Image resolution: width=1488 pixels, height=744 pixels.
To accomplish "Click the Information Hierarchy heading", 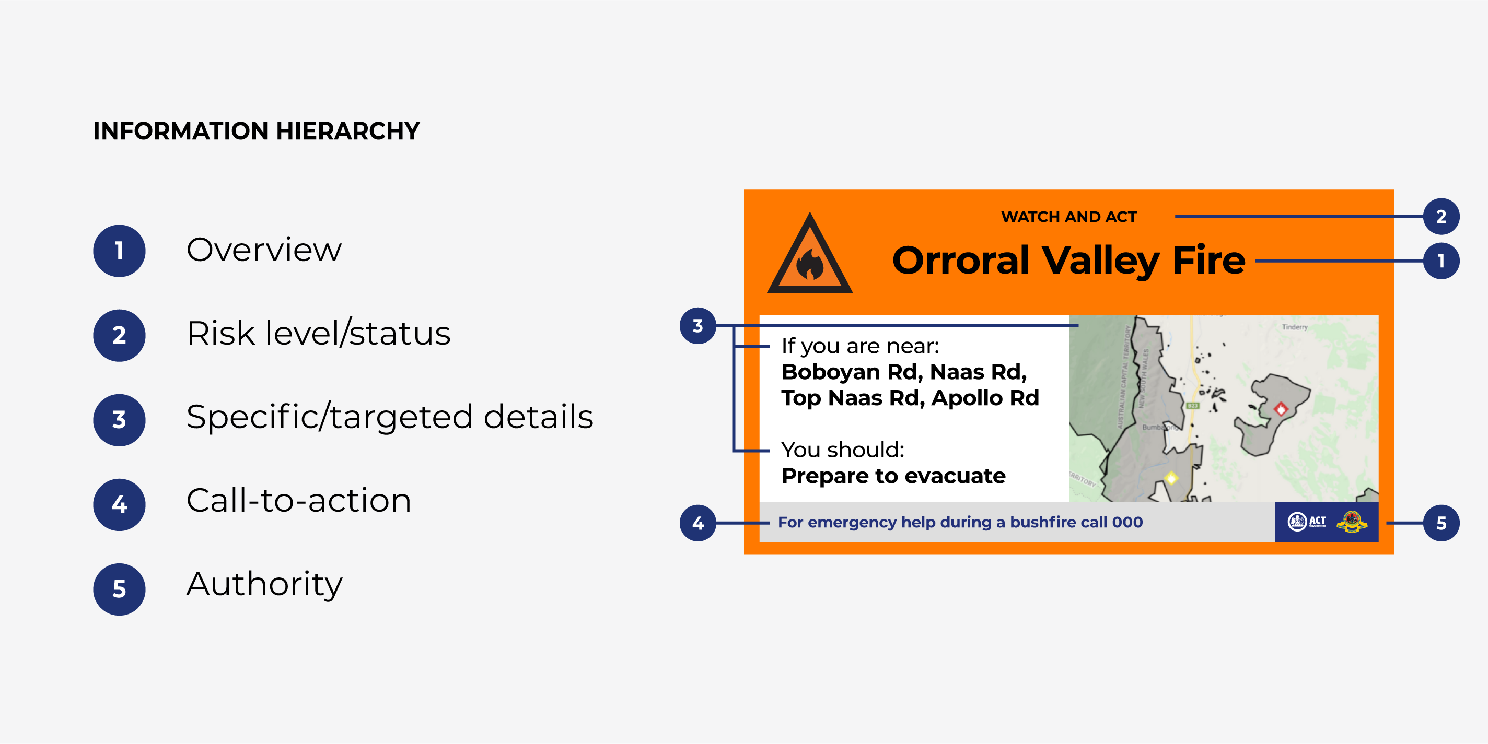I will coord(257,131).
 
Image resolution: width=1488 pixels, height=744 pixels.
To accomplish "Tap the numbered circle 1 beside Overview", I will coord(119,251).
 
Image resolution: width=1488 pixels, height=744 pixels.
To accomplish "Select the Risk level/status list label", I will coord(318,334).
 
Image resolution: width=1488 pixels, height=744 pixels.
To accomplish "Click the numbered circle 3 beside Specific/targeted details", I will coord(119,420).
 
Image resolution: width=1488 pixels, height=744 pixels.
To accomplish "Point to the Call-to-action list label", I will coord(299,500).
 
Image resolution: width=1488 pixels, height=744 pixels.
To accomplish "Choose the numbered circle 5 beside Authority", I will coord(119,589).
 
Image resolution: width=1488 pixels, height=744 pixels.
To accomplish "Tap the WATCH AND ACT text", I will coord(1068,217).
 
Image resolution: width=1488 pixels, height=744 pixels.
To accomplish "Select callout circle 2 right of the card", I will coord(1440,217).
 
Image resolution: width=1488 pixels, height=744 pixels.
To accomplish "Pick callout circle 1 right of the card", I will coord(1440,261).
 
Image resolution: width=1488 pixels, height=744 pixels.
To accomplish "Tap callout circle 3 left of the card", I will coord(698,326).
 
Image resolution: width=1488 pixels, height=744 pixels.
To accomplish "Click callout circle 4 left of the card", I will coord(698,523).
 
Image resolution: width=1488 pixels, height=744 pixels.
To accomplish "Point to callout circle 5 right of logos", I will coord(1440,523).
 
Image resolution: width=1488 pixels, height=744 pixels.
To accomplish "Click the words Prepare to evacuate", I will coord(893,476).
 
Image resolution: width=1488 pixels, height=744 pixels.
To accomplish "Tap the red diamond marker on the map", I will coord(1281,409).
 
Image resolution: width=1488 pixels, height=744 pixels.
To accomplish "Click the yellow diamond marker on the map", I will coord(1171,478).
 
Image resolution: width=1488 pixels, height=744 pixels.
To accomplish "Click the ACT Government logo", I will coord(1307,522).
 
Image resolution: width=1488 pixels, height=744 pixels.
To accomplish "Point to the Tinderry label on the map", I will coord(1294,327).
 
